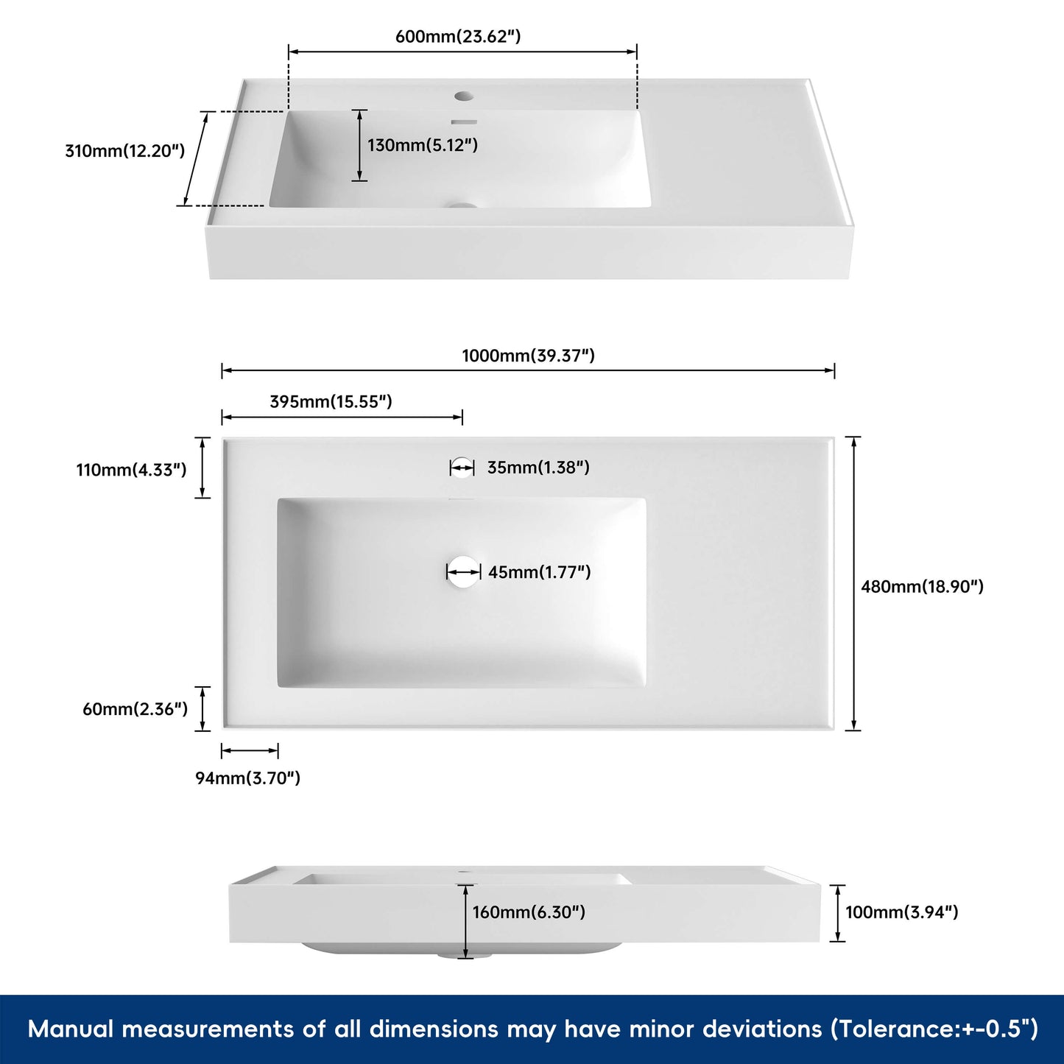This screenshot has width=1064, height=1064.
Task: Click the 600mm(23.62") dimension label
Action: [x=457, y=36]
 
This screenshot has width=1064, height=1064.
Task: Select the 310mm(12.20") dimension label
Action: [x=124, y=151]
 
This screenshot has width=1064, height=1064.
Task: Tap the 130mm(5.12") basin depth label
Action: [x=423, y=145]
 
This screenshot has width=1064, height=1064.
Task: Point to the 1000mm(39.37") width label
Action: [x=528, y=356]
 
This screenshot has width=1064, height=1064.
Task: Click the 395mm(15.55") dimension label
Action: [x=331, y=401]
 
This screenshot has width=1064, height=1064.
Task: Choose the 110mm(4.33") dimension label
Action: [x=131, y=470]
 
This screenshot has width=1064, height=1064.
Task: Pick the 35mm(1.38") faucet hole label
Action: [x=538, y=468]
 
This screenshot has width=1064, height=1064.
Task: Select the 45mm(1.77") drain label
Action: [x=539, y=572]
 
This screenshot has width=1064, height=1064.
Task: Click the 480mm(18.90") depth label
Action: [x=922, y=587]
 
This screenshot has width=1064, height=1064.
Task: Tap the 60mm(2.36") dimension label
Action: [x=135, y=709]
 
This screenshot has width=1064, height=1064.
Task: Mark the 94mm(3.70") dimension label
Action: [x=247, y=778]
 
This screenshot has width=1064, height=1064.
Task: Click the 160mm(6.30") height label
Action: [x=529, y=912]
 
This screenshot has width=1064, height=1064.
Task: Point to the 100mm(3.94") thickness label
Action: [x=901, y=912]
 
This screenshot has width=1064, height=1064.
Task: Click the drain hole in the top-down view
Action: [x=462, y=572]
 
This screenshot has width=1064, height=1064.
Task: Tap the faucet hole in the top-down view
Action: [x=462, y=468]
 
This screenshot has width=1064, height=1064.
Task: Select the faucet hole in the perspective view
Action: [x=464, y=96]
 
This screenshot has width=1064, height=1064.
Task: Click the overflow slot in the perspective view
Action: [x=464, y=122]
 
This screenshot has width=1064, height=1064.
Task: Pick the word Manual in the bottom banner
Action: [x=71, y=1029]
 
